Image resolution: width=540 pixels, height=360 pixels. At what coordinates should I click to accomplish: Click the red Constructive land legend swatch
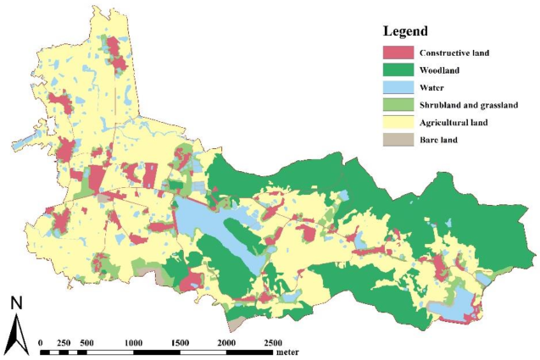(x=391, y=53)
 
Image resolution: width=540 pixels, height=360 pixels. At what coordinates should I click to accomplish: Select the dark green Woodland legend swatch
(x=391, y=70)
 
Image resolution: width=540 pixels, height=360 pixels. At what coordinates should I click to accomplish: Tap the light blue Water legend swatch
(x=391, y=87)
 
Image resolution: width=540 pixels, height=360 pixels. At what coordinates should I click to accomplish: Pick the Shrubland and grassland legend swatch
(x=391, y=105)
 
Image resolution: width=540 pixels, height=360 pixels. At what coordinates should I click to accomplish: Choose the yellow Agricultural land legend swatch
(x=391, y=122)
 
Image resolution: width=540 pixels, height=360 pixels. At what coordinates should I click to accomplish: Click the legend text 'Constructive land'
(x=454, y=53)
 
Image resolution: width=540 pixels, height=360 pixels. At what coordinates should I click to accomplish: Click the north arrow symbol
(x=16, y=334)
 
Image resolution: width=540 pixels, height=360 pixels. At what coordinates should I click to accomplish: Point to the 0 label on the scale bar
(x=41, y=342)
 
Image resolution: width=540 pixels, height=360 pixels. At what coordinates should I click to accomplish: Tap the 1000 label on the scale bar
(x=132, y=342)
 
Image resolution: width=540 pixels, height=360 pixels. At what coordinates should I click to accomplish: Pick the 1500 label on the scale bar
(x=179, y=342)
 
